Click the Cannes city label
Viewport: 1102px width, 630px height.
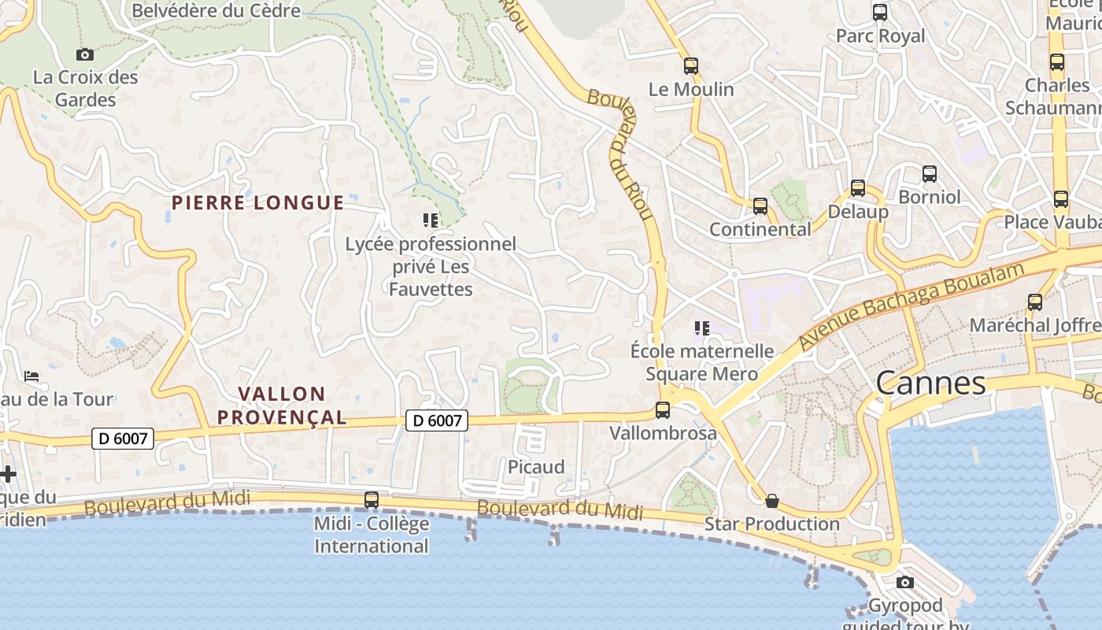930,384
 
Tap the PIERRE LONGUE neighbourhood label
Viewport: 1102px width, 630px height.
258,202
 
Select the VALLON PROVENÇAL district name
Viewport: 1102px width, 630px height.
282,405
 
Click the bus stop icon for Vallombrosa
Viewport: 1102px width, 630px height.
663,410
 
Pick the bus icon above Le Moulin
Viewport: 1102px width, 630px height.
691,66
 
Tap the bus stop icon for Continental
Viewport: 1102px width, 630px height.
760,206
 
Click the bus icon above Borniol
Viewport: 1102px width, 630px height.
930,174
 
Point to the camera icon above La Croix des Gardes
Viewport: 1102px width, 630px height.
85,54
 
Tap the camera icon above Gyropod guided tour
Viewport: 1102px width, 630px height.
905,583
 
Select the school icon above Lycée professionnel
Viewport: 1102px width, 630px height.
430,220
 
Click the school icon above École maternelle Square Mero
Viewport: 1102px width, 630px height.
701,328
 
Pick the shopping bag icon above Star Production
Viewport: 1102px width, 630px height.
772,501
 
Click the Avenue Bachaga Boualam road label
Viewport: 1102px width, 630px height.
912,306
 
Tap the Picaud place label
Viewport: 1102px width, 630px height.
536,467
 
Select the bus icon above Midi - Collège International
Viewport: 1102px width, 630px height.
372,500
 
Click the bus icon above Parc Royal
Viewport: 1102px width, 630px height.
880,13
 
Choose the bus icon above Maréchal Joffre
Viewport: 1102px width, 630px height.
1035,302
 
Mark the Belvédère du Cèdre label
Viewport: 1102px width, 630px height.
216,10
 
